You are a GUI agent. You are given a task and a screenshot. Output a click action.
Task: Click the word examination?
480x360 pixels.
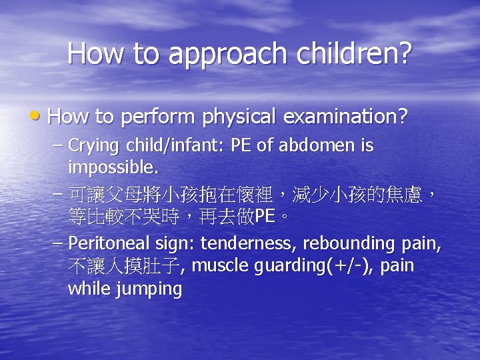[x=345, y=117]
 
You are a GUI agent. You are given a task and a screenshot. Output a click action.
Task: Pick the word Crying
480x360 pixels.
[x=93, y=145]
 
